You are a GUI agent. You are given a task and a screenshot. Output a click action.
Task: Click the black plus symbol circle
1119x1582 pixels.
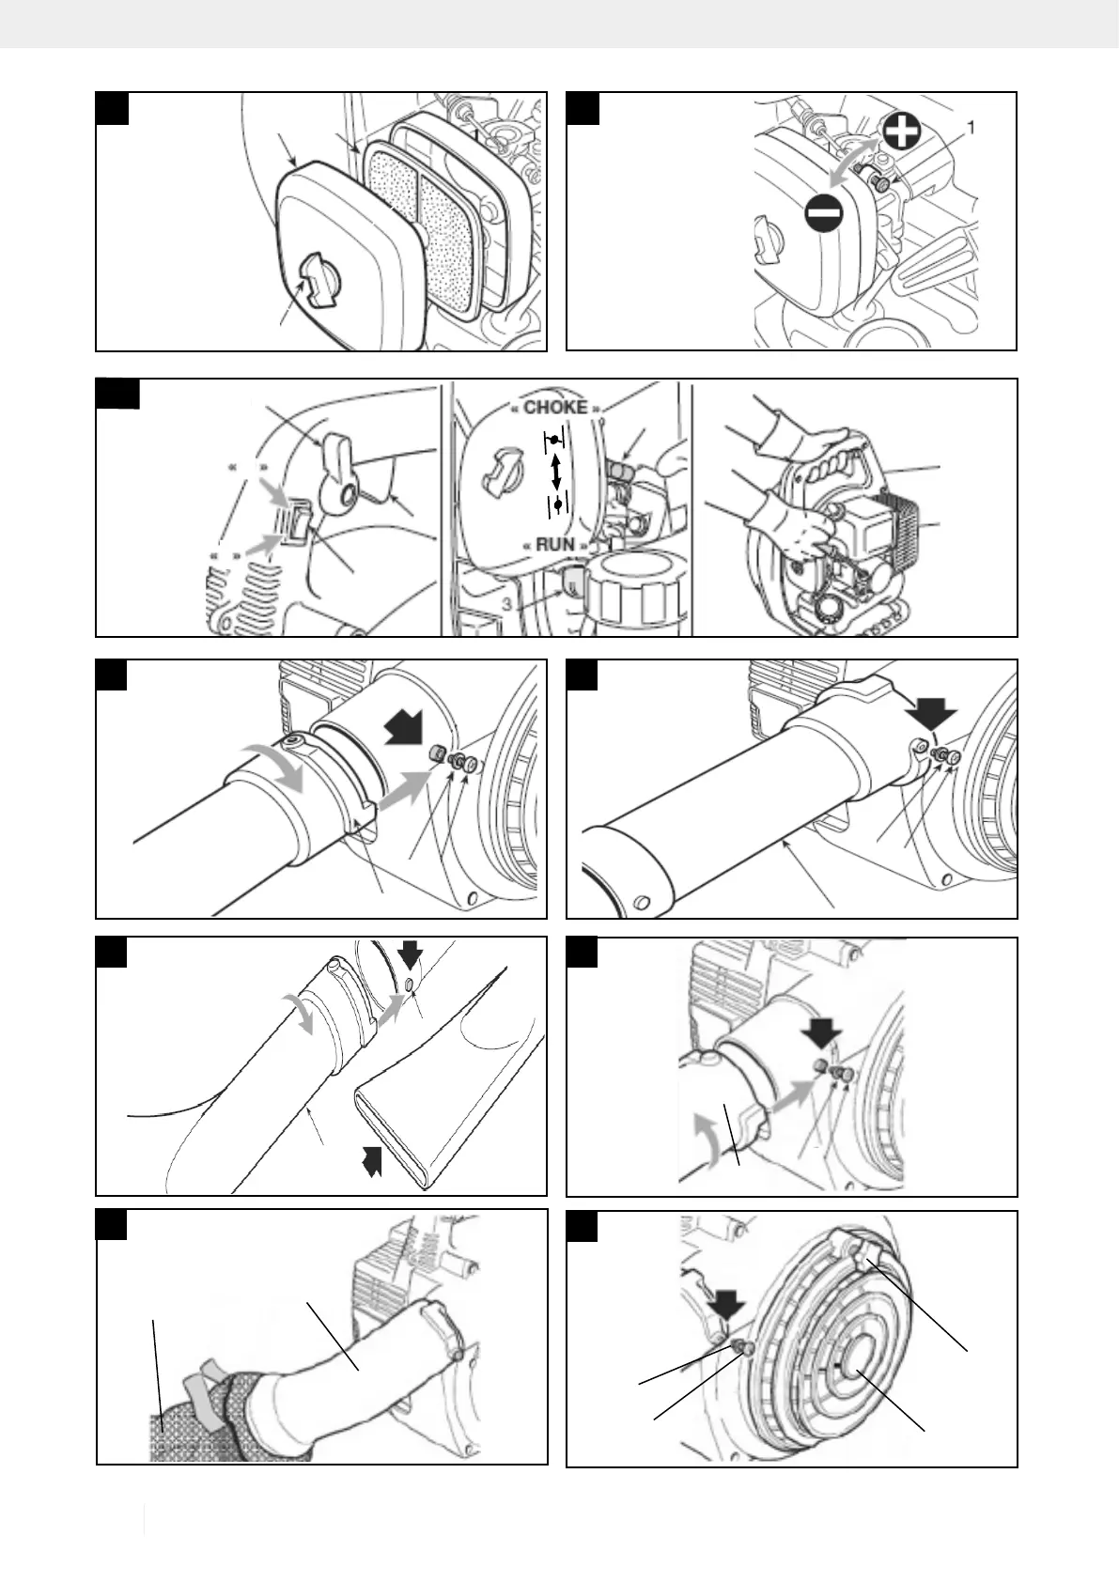click(x=900, y=132)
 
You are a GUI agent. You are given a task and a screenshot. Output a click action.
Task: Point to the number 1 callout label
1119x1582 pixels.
click(x=971, y=128)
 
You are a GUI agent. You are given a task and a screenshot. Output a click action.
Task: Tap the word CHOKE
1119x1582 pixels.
click(x=555, y=408)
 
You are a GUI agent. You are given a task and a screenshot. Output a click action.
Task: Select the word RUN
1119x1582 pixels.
click(x=555, y=544)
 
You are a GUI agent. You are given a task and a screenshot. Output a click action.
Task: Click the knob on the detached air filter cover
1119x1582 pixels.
click(x=318, y=283)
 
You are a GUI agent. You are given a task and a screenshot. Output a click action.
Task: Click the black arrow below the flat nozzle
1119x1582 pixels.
click(x=373, y=1162)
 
